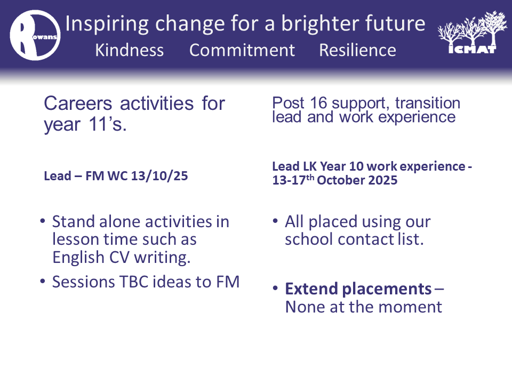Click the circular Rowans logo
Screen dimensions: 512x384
[35, 35]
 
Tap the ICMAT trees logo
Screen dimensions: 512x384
[472, 32]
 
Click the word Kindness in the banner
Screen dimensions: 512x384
[129, 50]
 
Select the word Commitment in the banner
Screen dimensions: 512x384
[242, 50]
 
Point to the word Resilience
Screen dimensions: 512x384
[357, 50]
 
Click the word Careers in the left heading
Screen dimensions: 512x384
[78, 103]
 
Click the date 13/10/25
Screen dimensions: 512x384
[159, 176]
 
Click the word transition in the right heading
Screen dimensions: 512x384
[427, 103]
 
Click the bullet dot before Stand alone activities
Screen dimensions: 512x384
[43, 221]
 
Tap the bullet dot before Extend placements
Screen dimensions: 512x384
[275, 289]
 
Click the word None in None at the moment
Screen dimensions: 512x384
[305, 307]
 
